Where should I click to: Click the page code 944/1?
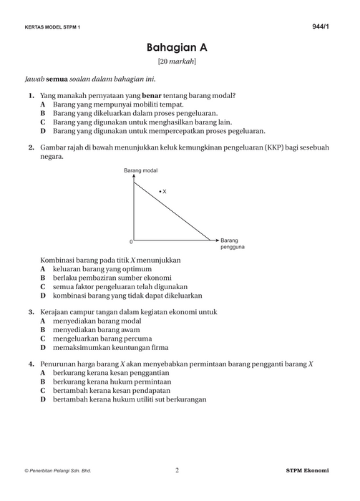tap(321, 26)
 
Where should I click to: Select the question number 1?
tap(31, 95)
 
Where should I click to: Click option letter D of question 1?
tap(43, 131)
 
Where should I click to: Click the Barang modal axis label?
tap(140, 170)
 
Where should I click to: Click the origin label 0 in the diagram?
tap(131, 242)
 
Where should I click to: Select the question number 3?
tap(31, 312)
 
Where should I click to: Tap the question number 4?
tap(31, 364)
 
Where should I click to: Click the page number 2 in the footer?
tap(177, 470)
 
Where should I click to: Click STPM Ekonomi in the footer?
tap(306, 471)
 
